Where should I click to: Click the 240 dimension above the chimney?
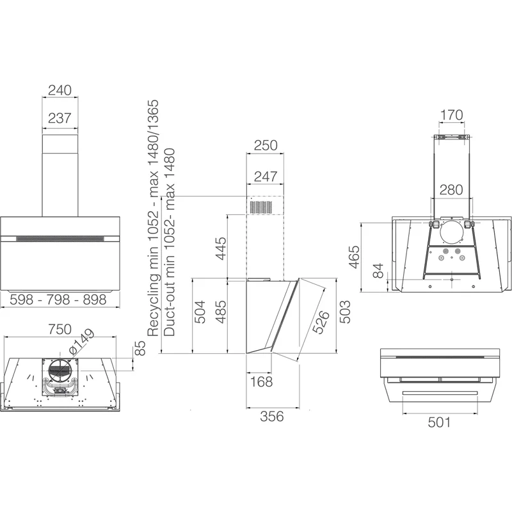[x=60, y=90]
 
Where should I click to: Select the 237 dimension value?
[x=60, y=118]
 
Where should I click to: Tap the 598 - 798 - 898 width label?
[x=58, y=300]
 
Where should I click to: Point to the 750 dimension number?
[x=60, y=329]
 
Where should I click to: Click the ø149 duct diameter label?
[x=82, y=342]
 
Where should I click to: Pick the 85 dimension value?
[x=140, y=348]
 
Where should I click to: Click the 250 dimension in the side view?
[x=266, y=145]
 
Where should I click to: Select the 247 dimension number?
[x=266, y=177]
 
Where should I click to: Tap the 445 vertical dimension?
[x=221, y=248]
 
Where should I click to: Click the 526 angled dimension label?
[x=321, y=323]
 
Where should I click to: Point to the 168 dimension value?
[x=261, y=381]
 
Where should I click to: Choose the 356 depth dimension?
[x=271, y=417]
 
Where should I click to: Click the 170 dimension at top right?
[x=452, y=115]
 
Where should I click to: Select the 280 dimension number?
[x=451, y=189]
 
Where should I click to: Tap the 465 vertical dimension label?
[x=355, y=257]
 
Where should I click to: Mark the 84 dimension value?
[x=378, y=271]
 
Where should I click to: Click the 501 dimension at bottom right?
[x=439, y=422]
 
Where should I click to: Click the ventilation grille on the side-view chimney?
[x=260, y=207]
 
